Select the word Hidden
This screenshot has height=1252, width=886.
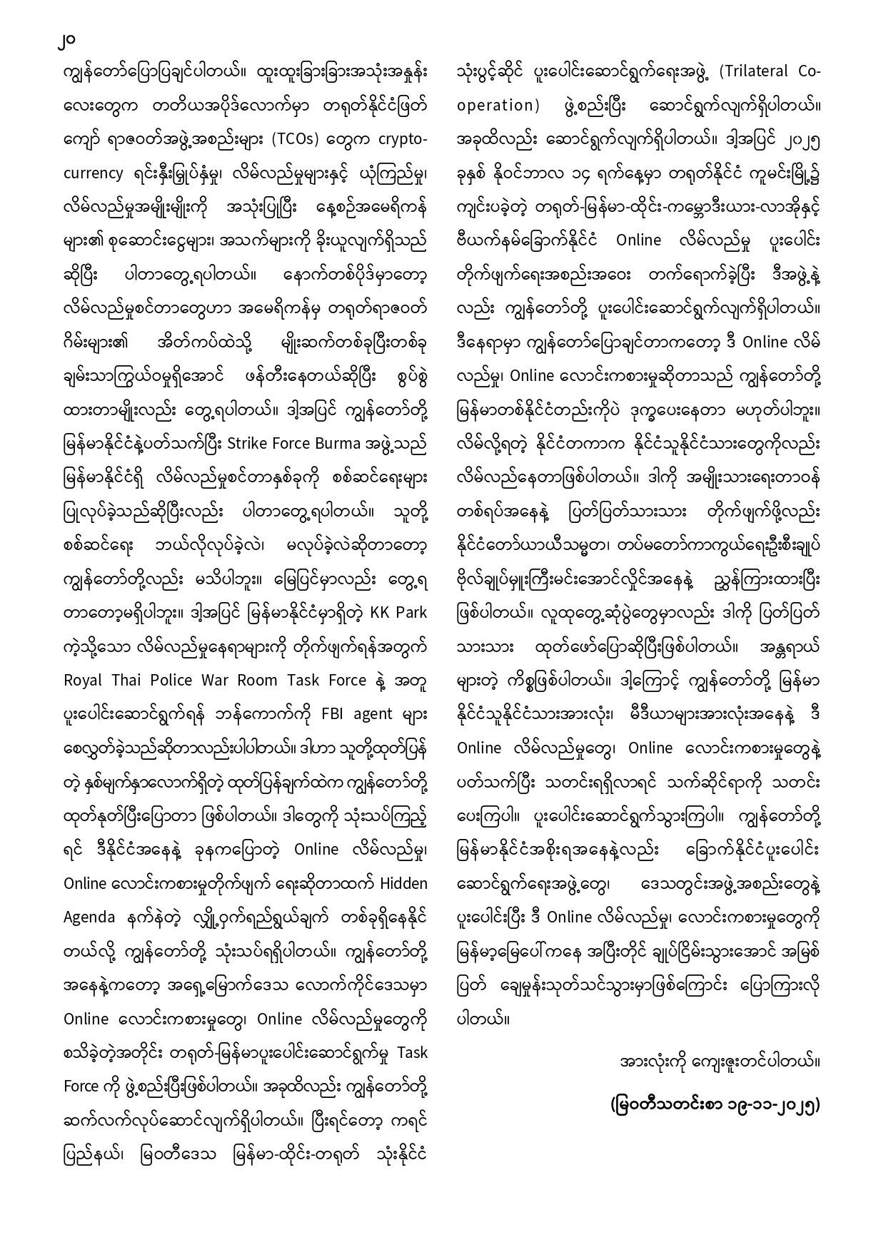pos(403,883)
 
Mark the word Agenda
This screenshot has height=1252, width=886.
pos(89,917)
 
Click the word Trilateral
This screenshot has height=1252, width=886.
pos(752,71)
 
